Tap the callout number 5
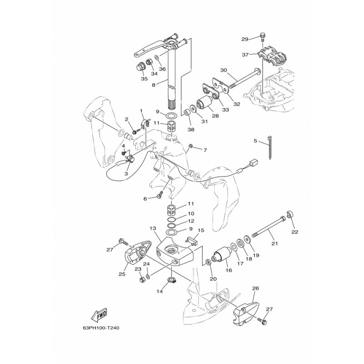[256, 142]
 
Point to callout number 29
[244, 39]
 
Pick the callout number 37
[245, 54]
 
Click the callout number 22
[294, 232]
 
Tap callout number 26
[255, 288]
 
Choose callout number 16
[228, 270]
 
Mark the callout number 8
[154, 85]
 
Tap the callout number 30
[223, 70]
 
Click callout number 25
[122, 274]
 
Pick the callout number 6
[145, 198]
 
